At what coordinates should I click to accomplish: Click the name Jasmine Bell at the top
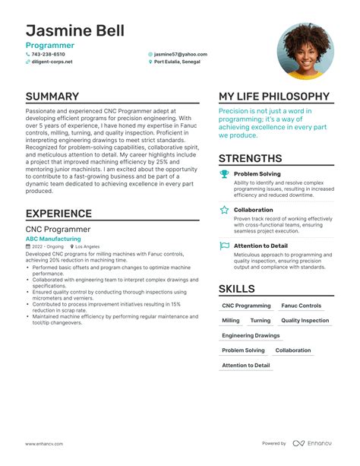click(x=75, y=32)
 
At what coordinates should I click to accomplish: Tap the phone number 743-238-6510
click(x=49, y=55)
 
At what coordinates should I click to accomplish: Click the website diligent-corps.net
click(x=52, y=62)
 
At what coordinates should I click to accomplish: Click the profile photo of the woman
click(x=305, y=51)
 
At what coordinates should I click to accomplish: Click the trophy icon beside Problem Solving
click(x=224, y=174)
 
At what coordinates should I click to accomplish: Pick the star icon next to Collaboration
click(x=224, y=210)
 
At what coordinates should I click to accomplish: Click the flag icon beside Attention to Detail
click(x=224, y=246)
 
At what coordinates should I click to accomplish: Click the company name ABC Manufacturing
click(x=53, y=239)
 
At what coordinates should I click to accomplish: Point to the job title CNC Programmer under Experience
click(x=58, y=229)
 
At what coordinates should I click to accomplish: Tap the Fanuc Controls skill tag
click(x=301, y=306)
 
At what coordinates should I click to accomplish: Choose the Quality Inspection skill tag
click(x=305, y=321)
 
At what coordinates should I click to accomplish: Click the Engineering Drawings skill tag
click(x=251, y=335)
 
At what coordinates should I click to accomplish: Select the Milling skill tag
click(x=230, y=321)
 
